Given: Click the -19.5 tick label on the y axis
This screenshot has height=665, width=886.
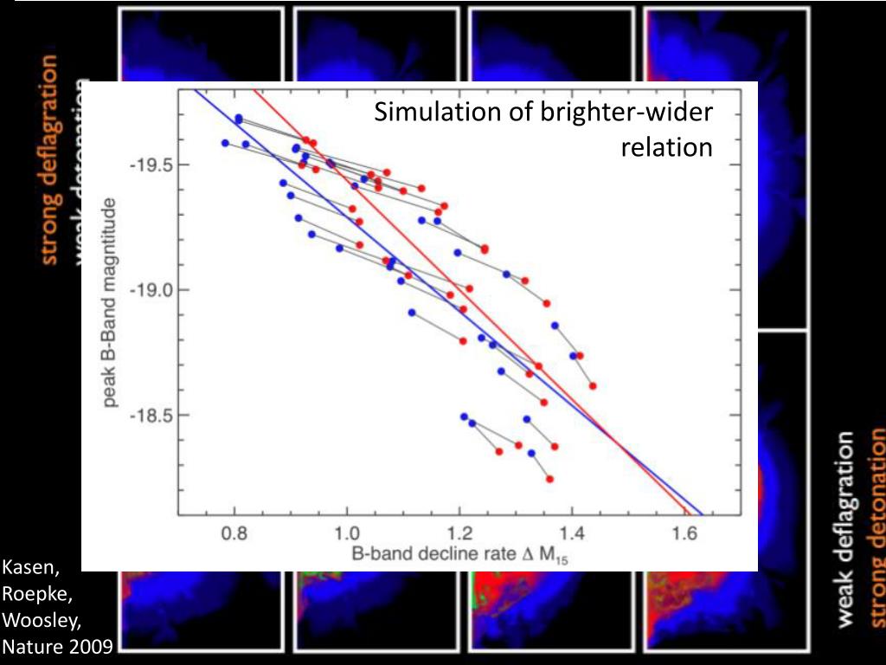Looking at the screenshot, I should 152,165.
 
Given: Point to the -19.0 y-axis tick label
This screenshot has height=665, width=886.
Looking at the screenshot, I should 152,290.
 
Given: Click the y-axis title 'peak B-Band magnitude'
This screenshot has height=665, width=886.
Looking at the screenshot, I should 111,302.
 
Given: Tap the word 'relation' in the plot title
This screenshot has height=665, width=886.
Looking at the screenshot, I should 666,147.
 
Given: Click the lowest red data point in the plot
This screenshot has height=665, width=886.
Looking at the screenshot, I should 549,479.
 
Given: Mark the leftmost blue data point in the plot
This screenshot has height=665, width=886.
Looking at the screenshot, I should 225,143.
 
